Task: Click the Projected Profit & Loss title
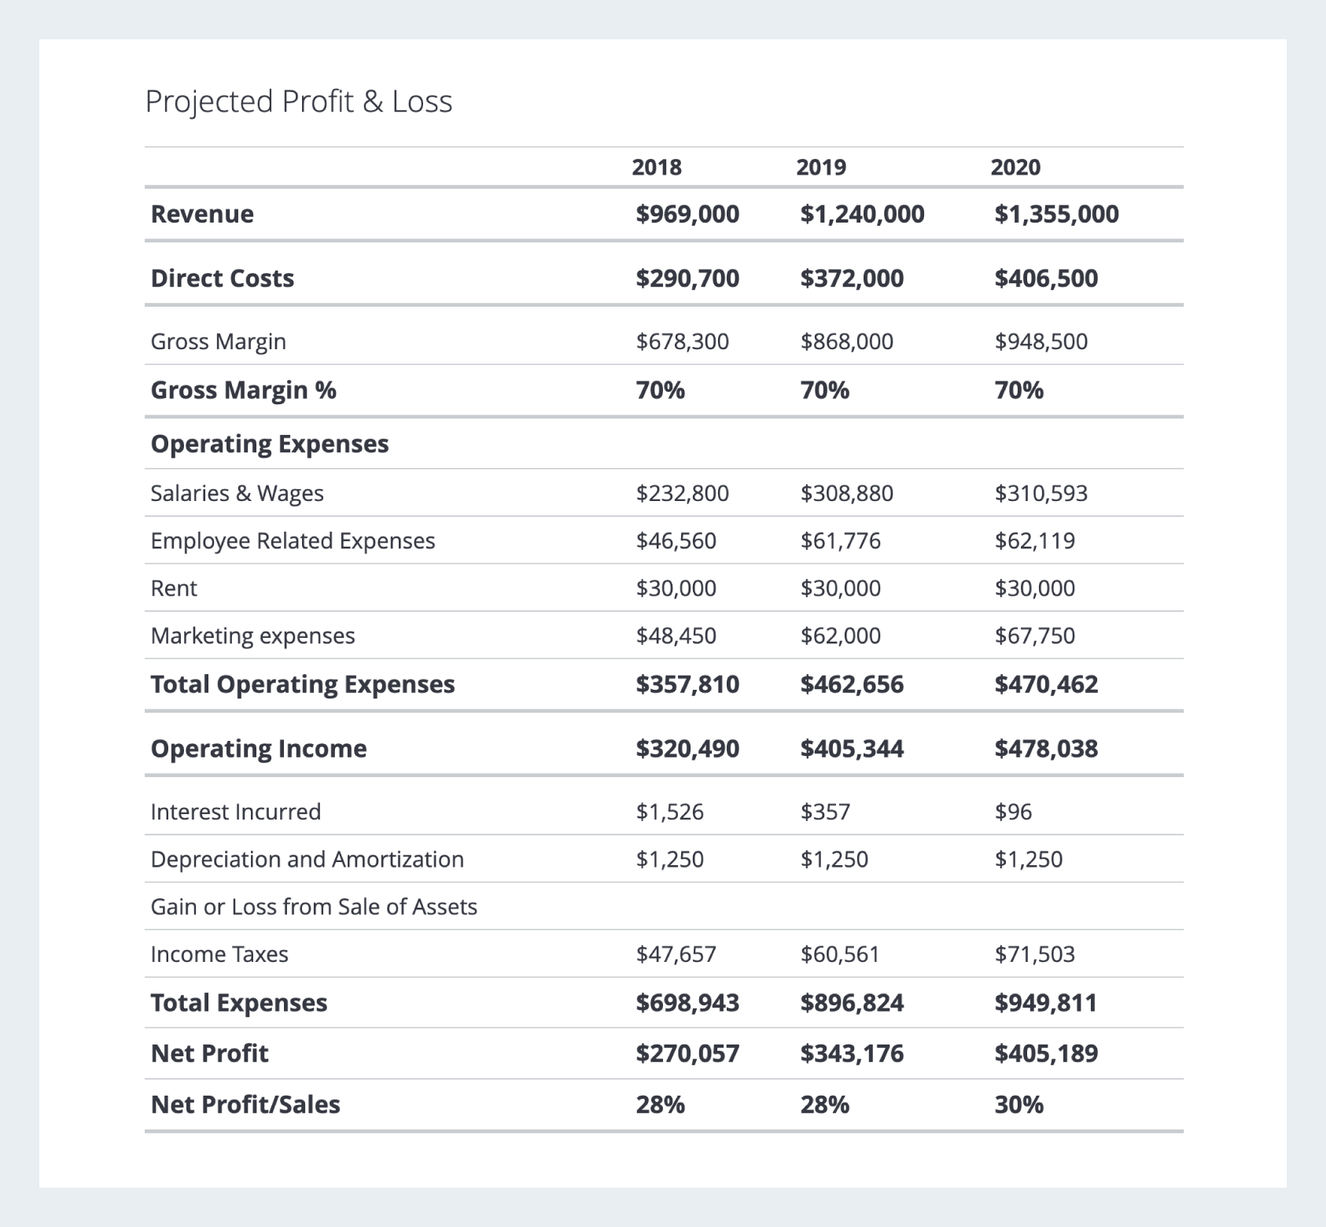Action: click(x=299, y=101)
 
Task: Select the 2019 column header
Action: click(x=820, y=167)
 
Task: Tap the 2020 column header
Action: click(x=1015, y=167)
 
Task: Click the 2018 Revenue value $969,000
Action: click(x=687, y=214)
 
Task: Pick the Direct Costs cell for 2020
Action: click(x=1045, y=278)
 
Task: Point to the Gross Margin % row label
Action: click(x=243, y=390)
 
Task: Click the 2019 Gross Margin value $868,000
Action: click(x=846, y=341)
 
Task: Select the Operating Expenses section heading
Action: click(x=269, y=444)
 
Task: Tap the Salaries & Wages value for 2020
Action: click(x=1041, y=493)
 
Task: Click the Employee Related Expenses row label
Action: click(x=293, y=541)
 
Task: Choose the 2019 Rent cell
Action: click(x=840, y=588)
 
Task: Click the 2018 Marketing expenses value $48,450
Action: click(x=676, y=636)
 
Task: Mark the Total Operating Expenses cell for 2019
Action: click(x=852, y=684)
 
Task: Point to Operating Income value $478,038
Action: click(x=1045, y=749)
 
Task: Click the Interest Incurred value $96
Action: click(x=1013, y=812)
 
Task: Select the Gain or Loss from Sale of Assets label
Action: click(x=314, y=907)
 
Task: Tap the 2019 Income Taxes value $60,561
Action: click(x=839, y=954)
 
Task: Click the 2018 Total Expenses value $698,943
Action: click(x=687, y=1003)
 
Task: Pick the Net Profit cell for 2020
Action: click(x=1045, y=1053)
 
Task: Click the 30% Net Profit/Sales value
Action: click(x=1018, y=1105)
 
